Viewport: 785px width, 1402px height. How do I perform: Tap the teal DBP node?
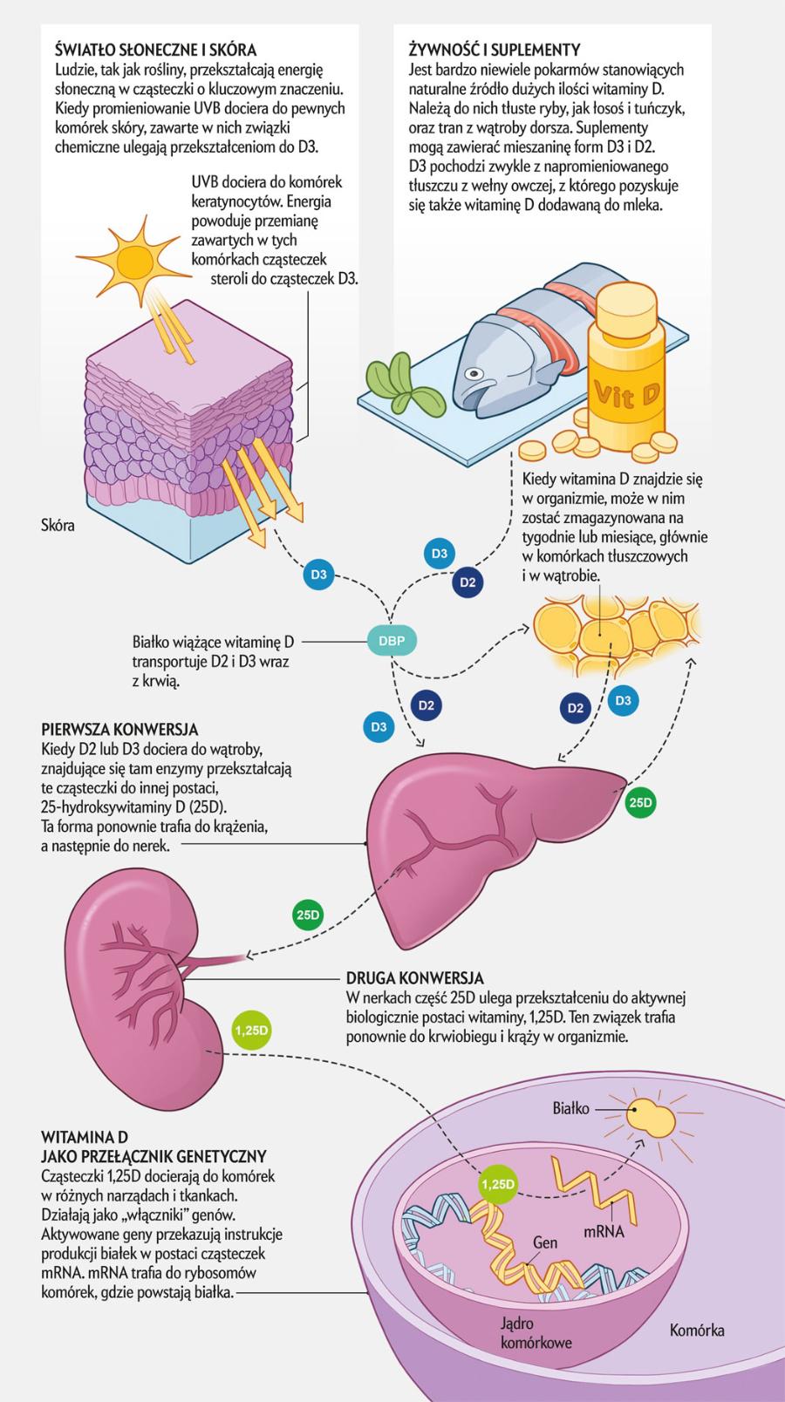(392, 641)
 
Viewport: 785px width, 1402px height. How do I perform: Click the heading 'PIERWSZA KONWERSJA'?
(119, 729)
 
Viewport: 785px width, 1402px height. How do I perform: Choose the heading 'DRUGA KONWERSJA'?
(414, 977)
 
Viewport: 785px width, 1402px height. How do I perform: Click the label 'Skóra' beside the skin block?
(58, 526)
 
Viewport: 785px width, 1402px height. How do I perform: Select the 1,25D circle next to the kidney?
(251, 1030)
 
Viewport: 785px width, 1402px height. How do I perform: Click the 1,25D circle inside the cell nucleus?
(499, 1185)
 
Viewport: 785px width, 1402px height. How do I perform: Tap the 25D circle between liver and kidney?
(308, 915)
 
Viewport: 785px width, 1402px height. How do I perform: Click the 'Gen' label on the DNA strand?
(544, 1242)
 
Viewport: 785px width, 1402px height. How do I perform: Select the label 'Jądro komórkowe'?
(536, 1333)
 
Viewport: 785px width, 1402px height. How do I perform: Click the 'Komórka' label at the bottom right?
(697, 1331)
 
